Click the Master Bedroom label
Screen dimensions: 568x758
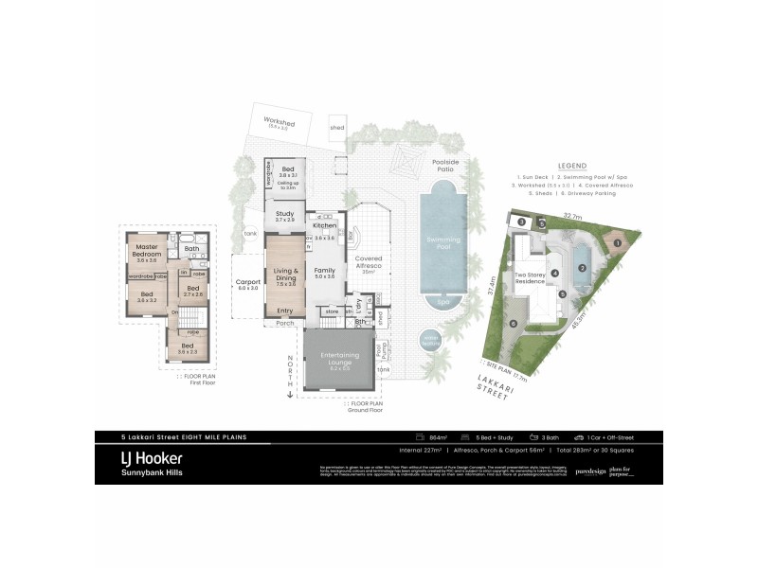pyautogui.click(x=147, y=251)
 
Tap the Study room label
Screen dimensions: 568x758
pyautogui.click(x=283, y=216)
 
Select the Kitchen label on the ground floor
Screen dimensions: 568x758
pyautogui.click(x=325, y=226)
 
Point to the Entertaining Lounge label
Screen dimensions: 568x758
pyautogui.click(x=338, y=357)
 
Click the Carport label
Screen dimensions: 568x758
pyautogui.click(x=247, y=284)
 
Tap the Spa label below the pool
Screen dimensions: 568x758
pyautogui.click(x=443, y=303)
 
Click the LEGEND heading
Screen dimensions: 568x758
pyautogui.click(x=572, y=165)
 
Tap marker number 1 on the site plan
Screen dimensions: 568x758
pyautogui.click(x=617, y=243)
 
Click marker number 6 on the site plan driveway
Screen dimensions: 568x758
pyautogui.click(x=514, y=324)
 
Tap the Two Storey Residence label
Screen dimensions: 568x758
pyautogui.click(x=529, y=279)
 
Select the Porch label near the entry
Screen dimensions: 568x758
pyautogui.click(x=285, y=322)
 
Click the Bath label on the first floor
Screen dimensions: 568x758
pyautogui.click(x=191, y=249)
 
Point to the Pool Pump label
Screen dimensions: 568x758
pyautogui.click(x=379, y=350)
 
